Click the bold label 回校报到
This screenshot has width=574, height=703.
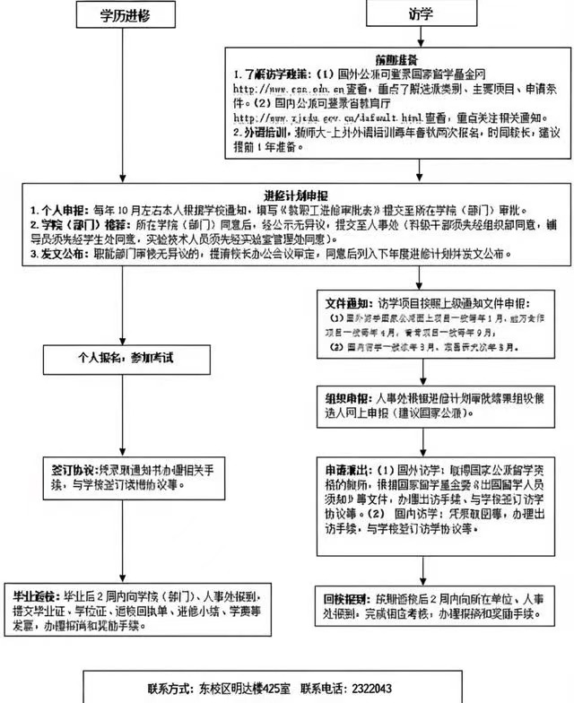(348, 595)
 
